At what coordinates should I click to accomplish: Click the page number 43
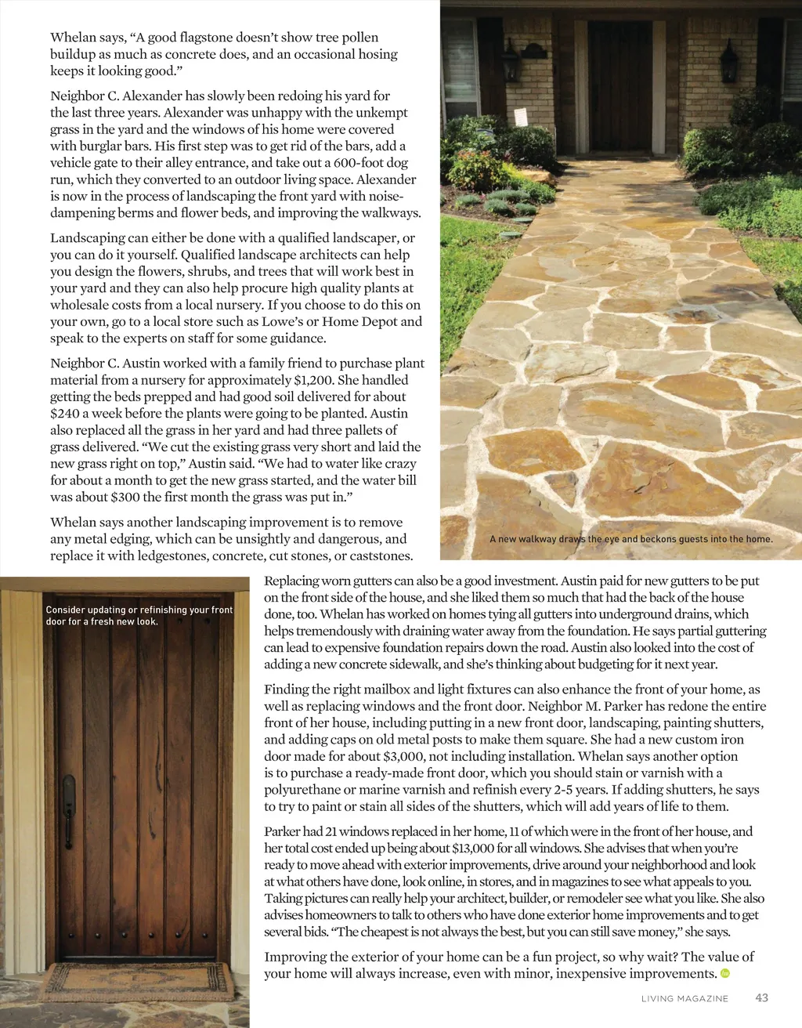(761, 997)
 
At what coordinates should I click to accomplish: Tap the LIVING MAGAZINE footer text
(685, 998)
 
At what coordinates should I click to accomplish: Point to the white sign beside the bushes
(518, 117)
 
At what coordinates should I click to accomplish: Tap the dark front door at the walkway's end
(620, 85)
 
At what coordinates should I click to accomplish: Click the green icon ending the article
(724, 974)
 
